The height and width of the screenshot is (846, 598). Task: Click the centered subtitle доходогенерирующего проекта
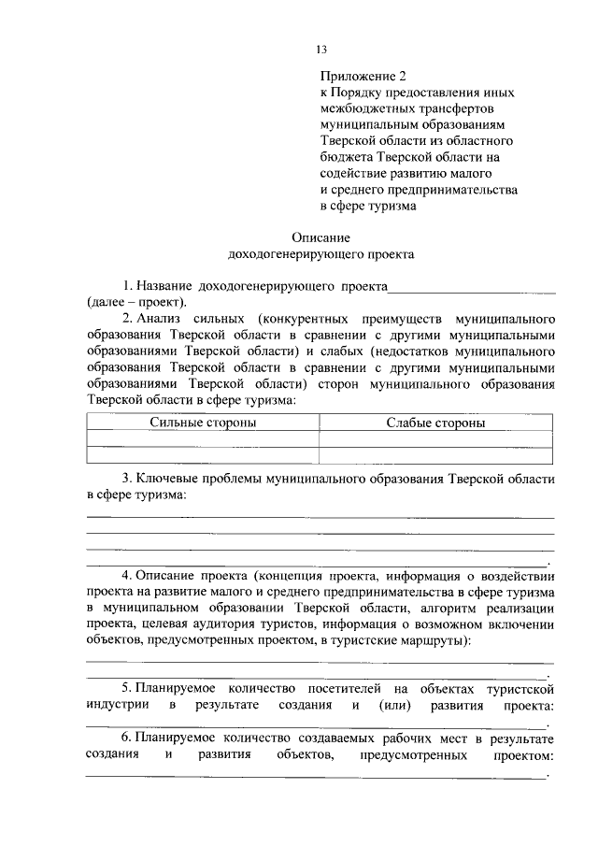pos(320,253)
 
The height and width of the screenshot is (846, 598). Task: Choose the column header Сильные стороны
pos(203,423)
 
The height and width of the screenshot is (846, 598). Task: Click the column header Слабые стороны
pos(435,423)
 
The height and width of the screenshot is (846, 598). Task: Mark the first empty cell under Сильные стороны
pos(203,438)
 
